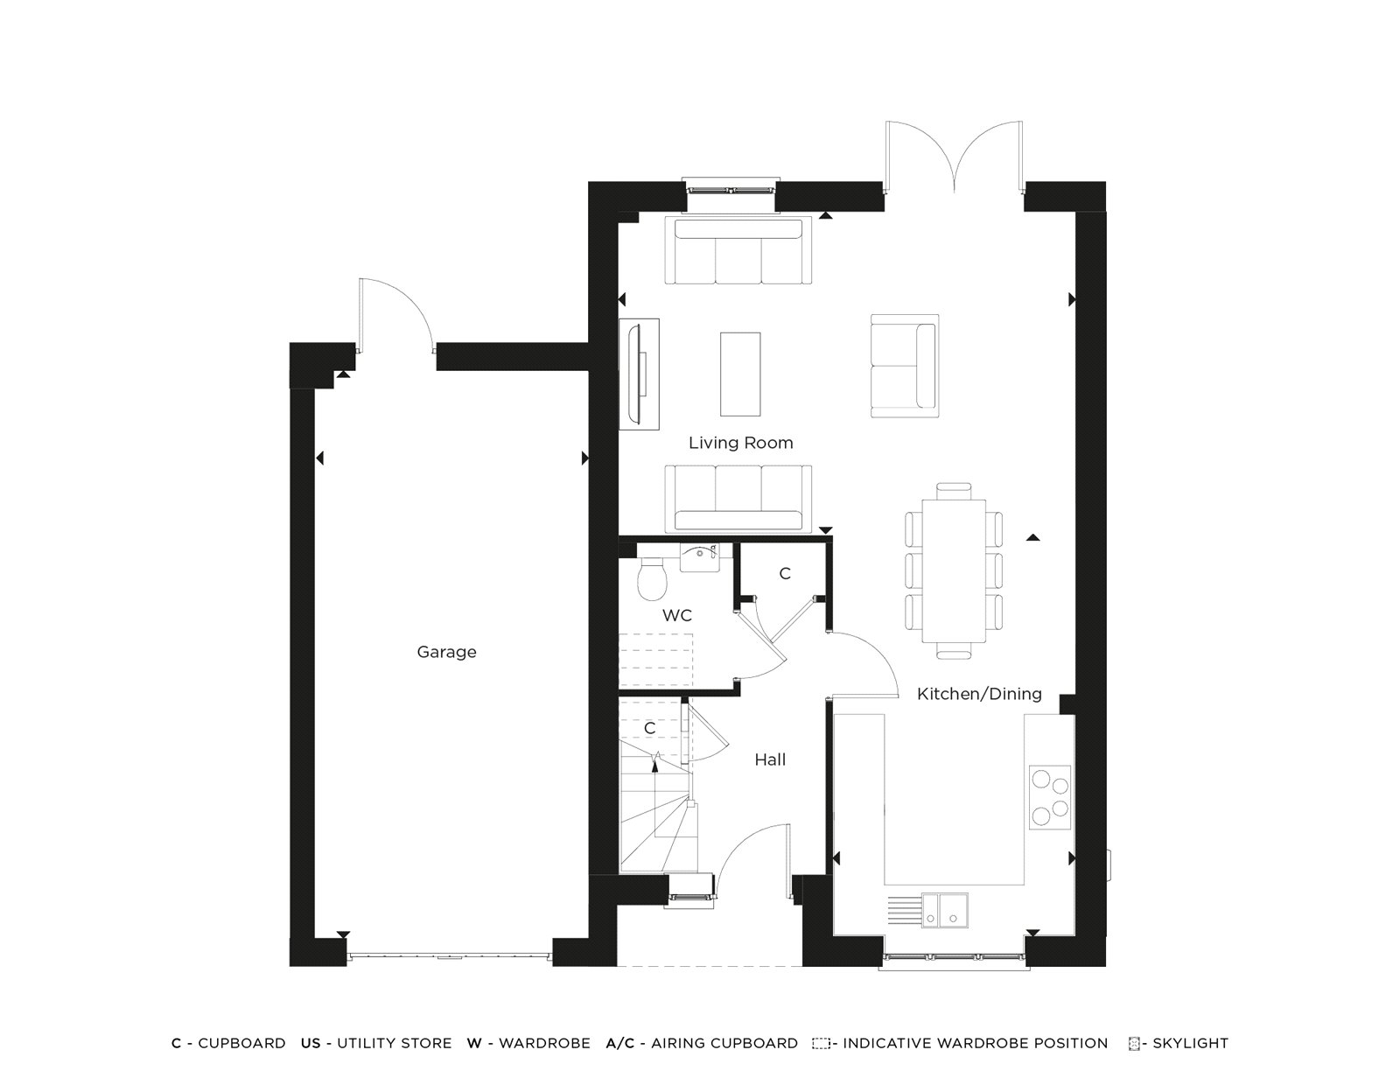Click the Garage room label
pos(446,652)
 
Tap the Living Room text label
pos(740,443)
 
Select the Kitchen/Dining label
pos(979,694)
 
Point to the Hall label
pos(770,760)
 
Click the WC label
pos(676,616)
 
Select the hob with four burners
pos(1050,796)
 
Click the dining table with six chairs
pos(954,570)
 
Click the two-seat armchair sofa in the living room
pos(902,365)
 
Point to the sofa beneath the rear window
pos(738,251)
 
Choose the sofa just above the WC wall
pos(738,498)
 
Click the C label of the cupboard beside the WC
pos(785,574)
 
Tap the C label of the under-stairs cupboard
pos(649,729)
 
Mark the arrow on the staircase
pos(655,759)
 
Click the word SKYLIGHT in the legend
pos(1190,1043)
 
